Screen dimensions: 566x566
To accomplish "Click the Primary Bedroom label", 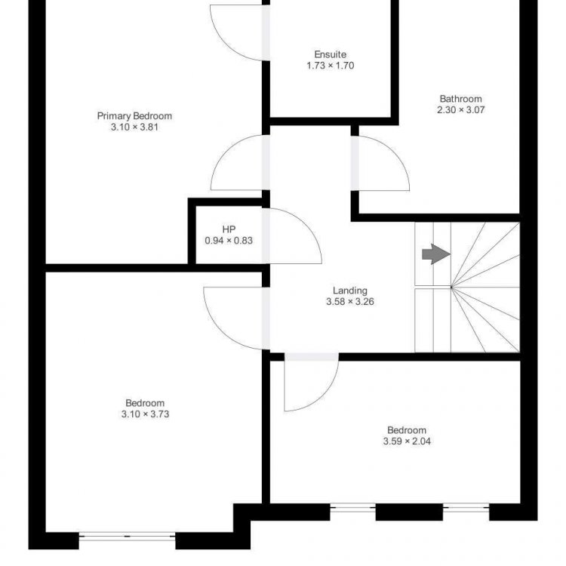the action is (134, 116).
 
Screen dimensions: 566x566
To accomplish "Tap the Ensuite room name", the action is (331, 54).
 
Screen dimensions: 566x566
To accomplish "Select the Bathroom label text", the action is (460, 99).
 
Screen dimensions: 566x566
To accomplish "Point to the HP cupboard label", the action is (229, 229).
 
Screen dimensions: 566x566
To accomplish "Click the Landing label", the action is (349, 291).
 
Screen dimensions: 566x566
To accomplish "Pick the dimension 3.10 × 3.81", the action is (134, 127).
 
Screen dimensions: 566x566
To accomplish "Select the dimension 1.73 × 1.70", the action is (331, 66).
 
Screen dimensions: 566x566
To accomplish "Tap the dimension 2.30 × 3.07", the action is (460, 110).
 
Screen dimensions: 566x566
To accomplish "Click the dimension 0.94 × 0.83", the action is (229, 241).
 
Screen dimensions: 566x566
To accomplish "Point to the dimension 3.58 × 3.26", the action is (349, 302).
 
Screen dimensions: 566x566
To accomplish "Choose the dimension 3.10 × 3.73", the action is (145, 414).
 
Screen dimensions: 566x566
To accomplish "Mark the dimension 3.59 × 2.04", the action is (407, 441).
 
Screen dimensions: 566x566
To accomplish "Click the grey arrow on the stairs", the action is (436, 254).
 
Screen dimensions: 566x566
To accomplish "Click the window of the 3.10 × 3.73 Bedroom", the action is (127, 537).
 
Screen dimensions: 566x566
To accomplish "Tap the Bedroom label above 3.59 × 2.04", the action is (407, 430).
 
